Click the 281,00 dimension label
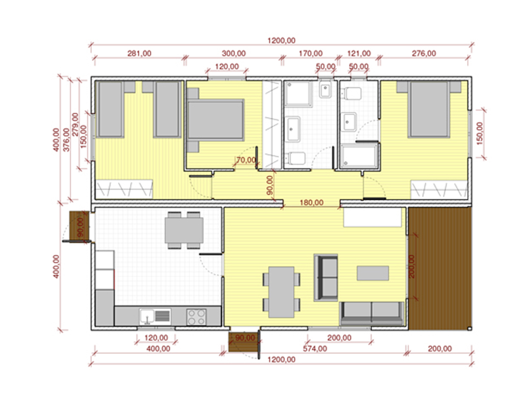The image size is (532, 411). (x=139, y=53)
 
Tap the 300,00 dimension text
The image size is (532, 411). (x=234, y=53)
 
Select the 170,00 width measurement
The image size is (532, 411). (x=310, y=53)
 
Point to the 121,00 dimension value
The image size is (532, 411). (x=359, y=53)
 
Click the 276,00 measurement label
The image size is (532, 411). (x=424, y=53)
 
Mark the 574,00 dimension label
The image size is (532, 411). (x=315, y=349)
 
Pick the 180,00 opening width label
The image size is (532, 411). (x=311, y=203)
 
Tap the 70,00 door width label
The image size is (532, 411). (x=246, y=160)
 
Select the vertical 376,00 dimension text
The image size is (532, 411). (x=67, y=139)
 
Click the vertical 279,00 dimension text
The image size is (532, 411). (x=75, y=124)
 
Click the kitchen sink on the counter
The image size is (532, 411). (x=155, y=317)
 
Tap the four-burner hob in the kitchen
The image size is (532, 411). (x=196, y=317)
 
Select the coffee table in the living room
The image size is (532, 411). (x=372, y=273)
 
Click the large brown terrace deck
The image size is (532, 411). (x=440, y=268)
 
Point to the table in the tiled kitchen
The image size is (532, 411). (x=184, y=230)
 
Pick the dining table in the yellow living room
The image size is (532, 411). (x=281, y=292)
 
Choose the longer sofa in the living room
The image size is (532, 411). (x=372, y=313)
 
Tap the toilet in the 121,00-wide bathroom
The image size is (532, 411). (x=352, y=93)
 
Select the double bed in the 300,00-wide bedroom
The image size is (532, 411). (x=215, y=120)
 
